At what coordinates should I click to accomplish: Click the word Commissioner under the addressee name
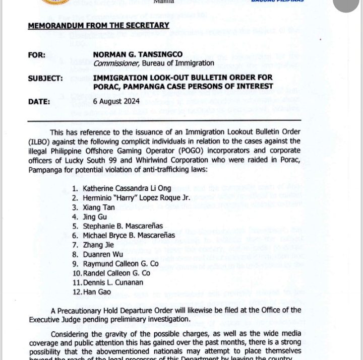click(115, 63)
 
